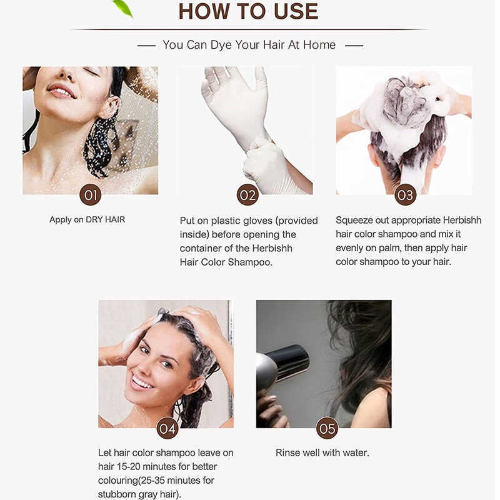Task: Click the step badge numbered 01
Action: coord(90,195)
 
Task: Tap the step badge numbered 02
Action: coord(247,195)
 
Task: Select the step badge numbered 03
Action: coord(405,195)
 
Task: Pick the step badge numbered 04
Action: coord(167,428)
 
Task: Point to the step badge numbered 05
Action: coord(327,428)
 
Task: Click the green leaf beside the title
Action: coord(123,7)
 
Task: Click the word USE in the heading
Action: coord(296,11)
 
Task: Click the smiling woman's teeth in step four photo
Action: coord(142,382)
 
